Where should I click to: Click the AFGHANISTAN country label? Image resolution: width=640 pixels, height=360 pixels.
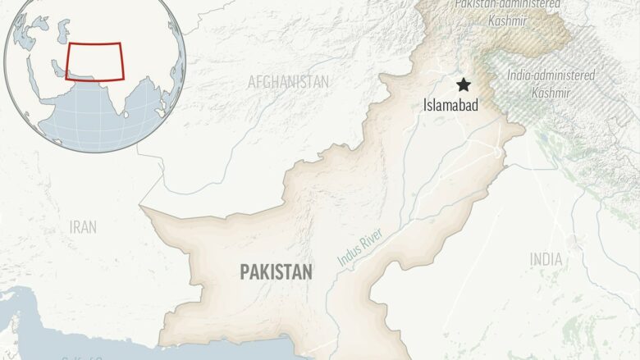[x=288, y=82]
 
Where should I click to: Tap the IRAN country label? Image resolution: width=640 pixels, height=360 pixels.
[x=84, y=227]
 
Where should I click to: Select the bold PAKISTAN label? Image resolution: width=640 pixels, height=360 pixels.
[x=276, y=272]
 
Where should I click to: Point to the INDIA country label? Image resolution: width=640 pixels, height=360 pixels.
[x=546, y=259]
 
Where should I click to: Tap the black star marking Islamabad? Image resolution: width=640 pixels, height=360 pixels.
[x=464, y=84]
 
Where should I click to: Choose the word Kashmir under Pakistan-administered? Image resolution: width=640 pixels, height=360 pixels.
[x=507, y=20]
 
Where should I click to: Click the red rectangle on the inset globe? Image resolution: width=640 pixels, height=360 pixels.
[x=94, y=62]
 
